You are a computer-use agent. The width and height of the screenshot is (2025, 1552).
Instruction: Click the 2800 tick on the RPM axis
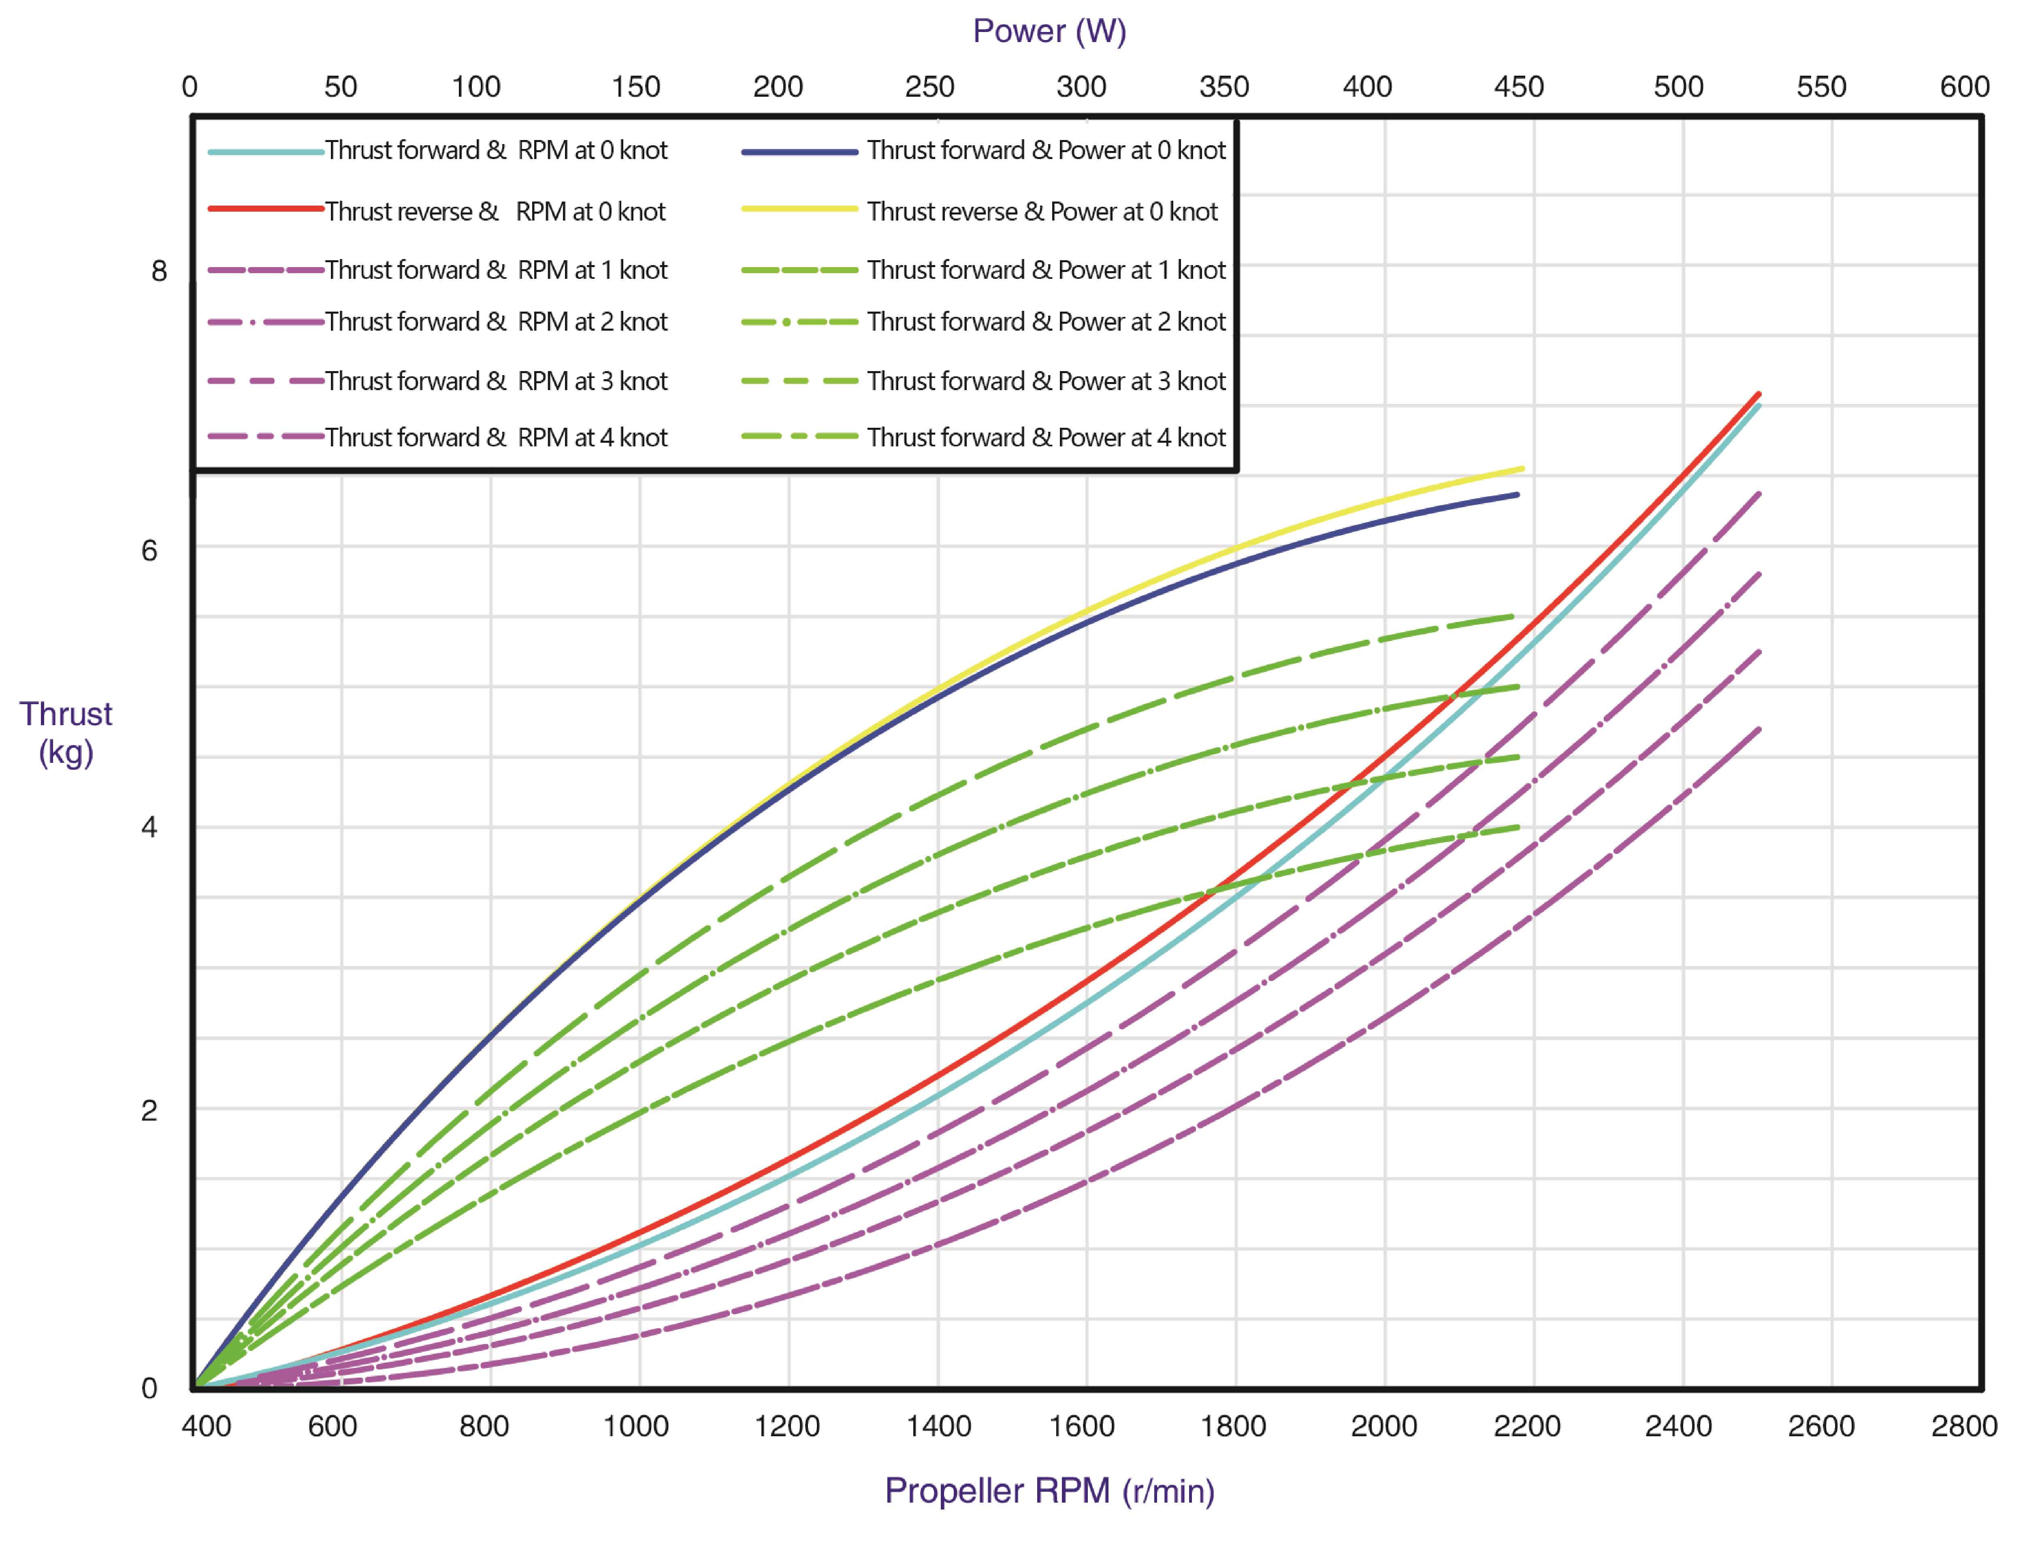(1963, 1425)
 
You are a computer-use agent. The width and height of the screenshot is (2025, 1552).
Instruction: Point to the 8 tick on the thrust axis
(159, 271)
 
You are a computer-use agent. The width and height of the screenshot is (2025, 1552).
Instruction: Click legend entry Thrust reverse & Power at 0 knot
(1042, 212)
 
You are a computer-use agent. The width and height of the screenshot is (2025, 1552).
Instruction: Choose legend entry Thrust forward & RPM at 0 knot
(495, 150)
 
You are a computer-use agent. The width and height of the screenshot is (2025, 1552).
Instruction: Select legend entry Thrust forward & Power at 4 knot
(1045, 437)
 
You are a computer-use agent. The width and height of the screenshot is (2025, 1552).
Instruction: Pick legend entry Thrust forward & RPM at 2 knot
(495, 321)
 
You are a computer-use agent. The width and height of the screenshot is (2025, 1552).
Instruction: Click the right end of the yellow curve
(1521, 469)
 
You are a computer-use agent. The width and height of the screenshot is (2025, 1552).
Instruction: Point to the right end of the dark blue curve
(1517, 495)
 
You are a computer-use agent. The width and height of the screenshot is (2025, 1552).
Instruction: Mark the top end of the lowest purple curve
(1758, 730)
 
